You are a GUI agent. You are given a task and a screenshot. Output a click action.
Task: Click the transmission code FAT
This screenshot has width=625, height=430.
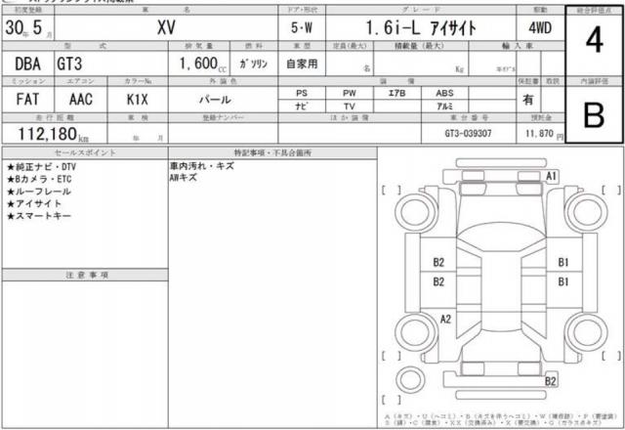coord(26,100)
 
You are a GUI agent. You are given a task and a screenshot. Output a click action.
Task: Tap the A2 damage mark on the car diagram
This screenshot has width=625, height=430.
coord(445,319)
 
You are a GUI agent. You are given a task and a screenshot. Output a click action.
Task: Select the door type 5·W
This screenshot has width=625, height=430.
coord(301,29)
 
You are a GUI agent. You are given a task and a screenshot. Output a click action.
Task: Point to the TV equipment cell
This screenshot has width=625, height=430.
coord(349,107)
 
